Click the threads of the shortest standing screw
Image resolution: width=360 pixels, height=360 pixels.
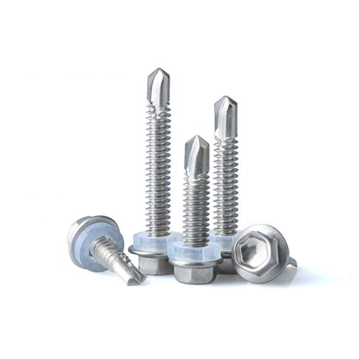pyautogui.click(x=196, y=209)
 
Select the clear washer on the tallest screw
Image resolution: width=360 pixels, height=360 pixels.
pyautogui.click(x=146, y=240)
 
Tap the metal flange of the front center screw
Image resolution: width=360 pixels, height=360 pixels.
pyautogui.click(x=194, y=263)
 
